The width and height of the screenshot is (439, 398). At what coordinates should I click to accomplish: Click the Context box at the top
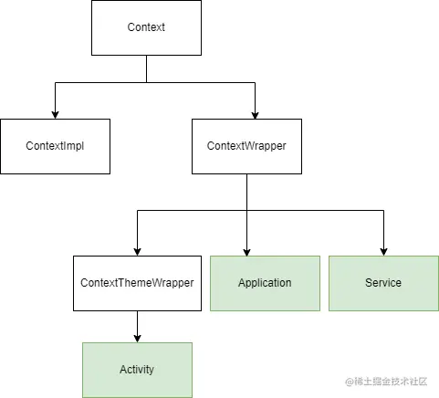tap(146, 27)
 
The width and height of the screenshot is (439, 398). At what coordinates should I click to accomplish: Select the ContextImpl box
tap(55, 146)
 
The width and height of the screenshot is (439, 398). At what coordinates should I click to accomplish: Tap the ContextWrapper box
tap(246, 146)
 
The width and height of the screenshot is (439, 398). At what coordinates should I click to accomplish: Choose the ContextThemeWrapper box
tap(137, 283)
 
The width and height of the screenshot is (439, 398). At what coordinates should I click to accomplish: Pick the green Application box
tap(265, 283)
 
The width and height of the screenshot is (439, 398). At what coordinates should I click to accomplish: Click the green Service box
tap(383, 283)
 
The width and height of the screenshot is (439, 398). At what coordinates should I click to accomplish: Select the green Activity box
tap(137, 370)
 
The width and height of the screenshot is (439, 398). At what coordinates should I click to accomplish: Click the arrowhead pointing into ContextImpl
tap(55, 115)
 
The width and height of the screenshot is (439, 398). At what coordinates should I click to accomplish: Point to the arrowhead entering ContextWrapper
tap(255, 115)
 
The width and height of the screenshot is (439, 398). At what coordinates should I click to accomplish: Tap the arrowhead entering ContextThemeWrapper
tap(137, 252)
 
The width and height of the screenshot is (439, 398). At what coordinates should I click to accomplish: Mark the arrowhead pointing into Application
tap(246, 252)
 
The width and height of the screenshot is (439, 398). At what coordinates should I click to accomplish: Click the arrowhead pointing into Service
tap(383, 252)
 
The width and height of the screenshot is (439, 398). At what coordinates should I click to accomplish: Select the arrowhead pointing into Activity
tap(137, 339)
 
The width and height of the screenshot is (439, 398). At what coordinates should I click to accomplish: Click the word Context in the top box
tap(146, 27)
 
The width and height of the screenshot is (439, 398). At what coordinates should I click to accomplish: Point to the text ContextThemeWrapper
tap(137, 283)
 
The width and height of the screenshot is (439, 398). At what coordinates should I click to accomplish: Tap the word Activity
tap(137, 370)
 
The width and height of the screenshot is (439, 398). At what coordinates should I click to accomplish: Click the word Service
tap(383, 283)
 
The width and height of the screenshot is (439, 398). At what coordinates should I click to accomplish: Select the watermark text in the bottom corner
tap(386, 382)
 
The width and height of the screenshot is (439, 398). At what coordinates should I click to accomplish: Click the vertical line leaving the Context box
tap(146, 68)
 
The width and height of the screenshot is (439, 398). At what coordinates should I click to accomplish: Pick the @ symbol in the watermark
tap(350, 382)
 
